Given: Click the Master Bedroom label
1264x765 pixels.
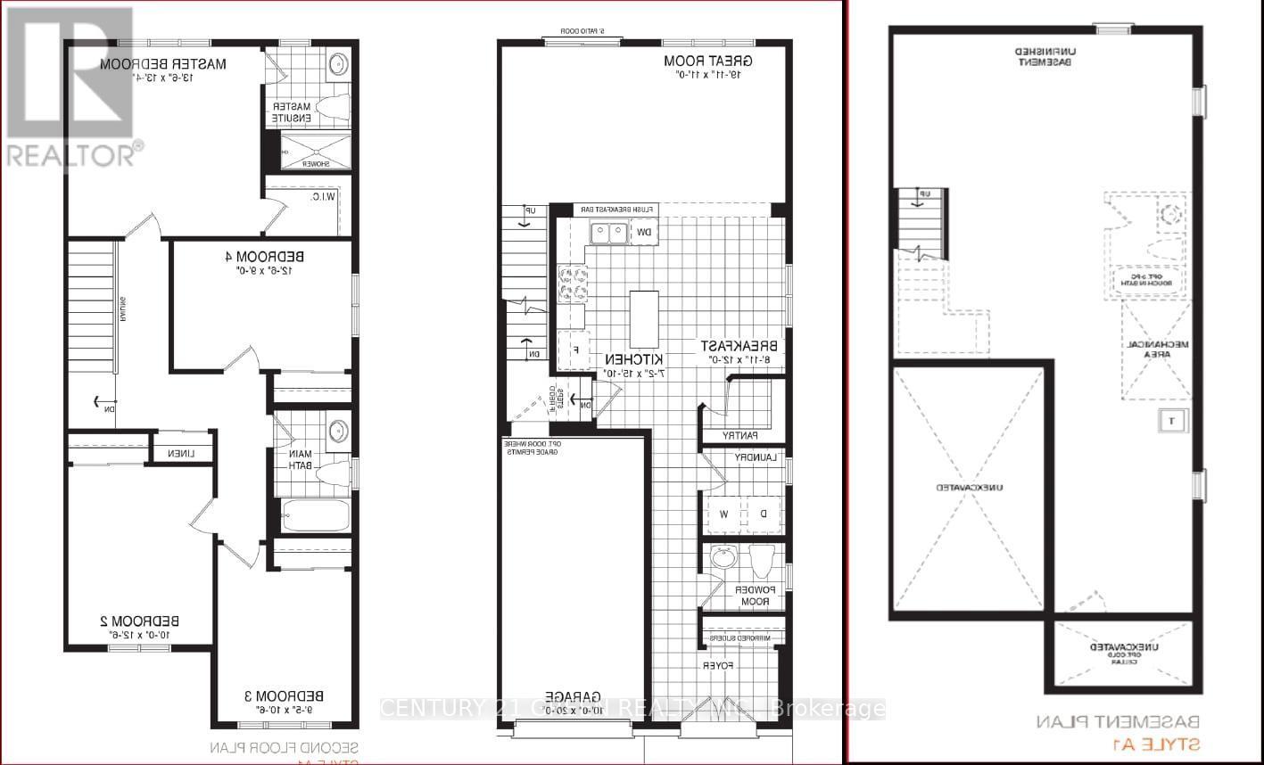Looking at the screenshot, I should (x=163, y=64).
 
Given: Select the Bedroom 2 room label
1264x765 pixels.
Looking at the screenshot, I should (x=139, y=621).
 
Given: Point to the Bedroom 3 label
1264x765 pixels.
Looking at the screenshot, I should (x=284, y=695).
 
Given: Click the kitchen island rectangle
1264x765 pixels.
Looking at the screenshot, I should (x=644, y=319).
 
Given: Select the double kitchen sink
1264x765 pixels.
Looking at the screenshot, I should (x=607, y=234).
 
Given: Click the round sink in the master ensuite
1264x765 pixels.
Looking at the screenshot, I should (x=339, y=64).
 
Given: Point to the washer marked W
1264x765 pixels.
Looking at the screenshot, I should (x=723, y=514).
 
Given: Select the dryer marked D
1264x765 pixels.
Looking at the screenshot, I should (x=763, y=514).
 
